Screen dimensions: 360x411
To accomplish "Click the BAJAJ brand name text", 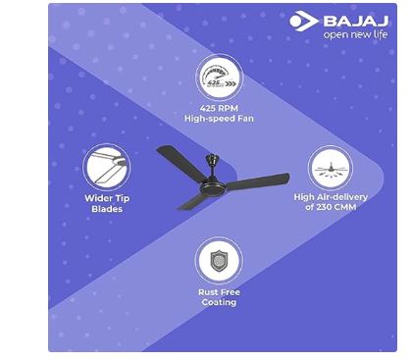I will [358, 19].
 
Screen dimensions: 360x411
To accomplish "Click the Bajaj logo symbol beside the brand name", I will [303, 20].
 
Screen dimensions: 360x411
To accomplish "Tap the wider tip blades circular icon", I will [106, 167].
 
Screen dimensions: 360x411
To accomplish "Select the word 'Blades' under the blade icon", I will [106, 209].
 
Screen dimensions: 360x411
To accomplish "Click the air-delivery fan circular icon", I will [330, 168].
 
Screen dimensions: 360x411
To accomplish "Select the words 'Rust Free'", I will [217, 291].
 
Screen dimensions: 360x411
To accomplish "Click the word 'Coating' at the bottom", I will [217, 302].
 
